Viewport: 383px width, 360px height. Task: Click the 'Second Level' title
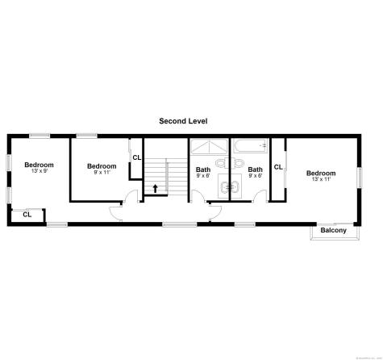[x=183, y=121]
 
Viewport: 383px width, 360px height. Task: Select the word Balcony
[x=333, y=231]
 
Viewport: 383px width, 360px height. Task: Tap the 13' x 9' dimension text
[x=39, y=171]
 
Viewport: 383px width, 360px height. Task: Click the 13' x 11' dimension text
[x=320, y=179]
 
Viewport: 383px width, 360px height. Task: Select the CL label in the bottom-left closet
[x=27, y=215]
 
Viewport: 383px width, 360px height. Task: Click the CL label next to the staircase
[x=137, y=157]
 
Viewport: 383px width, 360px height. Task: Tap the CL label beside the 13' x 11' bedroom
[x=277, y=167]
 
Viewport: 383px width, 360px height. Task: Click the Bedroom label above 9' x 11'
[x=102, y=166]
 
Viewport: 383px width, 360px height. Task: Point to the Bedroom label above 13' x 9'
[x=39, y=165]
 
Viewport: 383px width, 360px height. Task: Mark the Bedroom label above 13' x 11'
[x=320, y=173]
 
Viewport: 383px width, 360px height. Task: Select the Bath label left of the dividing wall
[x=203, y=170]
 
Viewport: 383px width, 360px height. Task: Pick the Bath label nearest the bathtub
[x=255, y=170]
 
